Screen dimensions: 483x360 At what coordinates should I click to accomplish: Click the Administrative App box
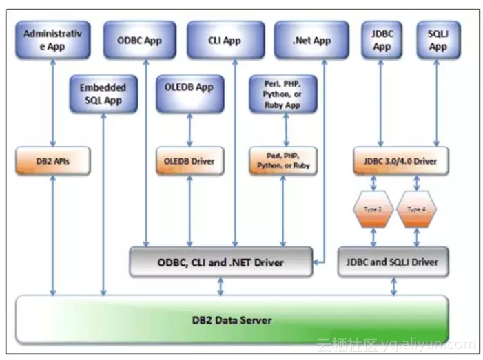(x=53, y=40)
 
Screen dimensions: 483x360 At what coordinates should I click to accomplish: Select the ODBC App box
(x=140, y=40)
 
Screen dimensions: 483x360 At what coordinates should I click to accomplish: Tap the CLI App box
(x=226, y=40)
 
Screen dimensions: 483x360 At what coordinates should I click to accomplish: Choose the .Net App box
(x=311, y=40)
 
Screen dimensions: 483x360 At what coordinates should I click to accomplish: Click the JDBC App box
(x=382, y=40)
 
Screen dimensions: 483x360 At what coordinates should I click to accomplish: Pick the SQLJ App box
(x=439, y=40)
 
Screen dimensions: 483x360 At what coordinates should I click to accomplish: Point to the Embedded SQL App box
(x=103, y=94)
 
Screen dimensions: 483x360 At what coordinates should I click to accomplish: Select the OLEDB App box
(x=190, y=94)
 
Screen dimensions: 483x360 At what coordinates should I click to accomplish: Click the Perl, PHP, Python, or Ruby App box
(x=283, y=94)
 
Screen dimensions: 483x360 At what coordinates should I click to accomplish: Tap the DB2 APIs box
(x=53, y=161)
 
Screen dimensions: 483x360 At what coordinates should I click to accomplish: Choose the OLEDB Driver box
(x=190, y=161)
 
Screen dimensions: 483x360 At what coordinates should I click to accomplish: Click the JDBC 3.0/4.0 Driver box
(x=401, y=161)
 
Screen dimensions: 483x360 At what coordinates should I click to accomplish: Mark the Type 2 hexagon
(x=373, y=209)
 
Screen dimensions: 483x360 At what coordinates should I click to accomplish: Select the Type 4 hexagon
(x=416, y=209)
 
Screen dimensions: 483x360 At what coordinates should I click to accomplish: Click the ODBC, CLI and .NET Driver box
(x=221, y=262)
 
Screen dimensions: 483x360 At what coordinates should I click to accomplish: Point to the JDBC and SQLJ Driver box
(x=393, y=262)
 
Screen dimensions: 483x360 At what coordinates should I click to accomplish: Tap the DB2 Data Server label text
(x=232, y=320)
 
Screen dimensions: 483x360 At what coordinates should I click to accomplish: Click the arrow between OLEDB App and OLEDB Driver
(x=189, y=129)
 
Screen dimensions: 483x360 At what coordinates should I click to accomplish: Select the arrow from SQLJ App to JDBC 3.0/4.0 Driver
(x=436, y=103)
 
